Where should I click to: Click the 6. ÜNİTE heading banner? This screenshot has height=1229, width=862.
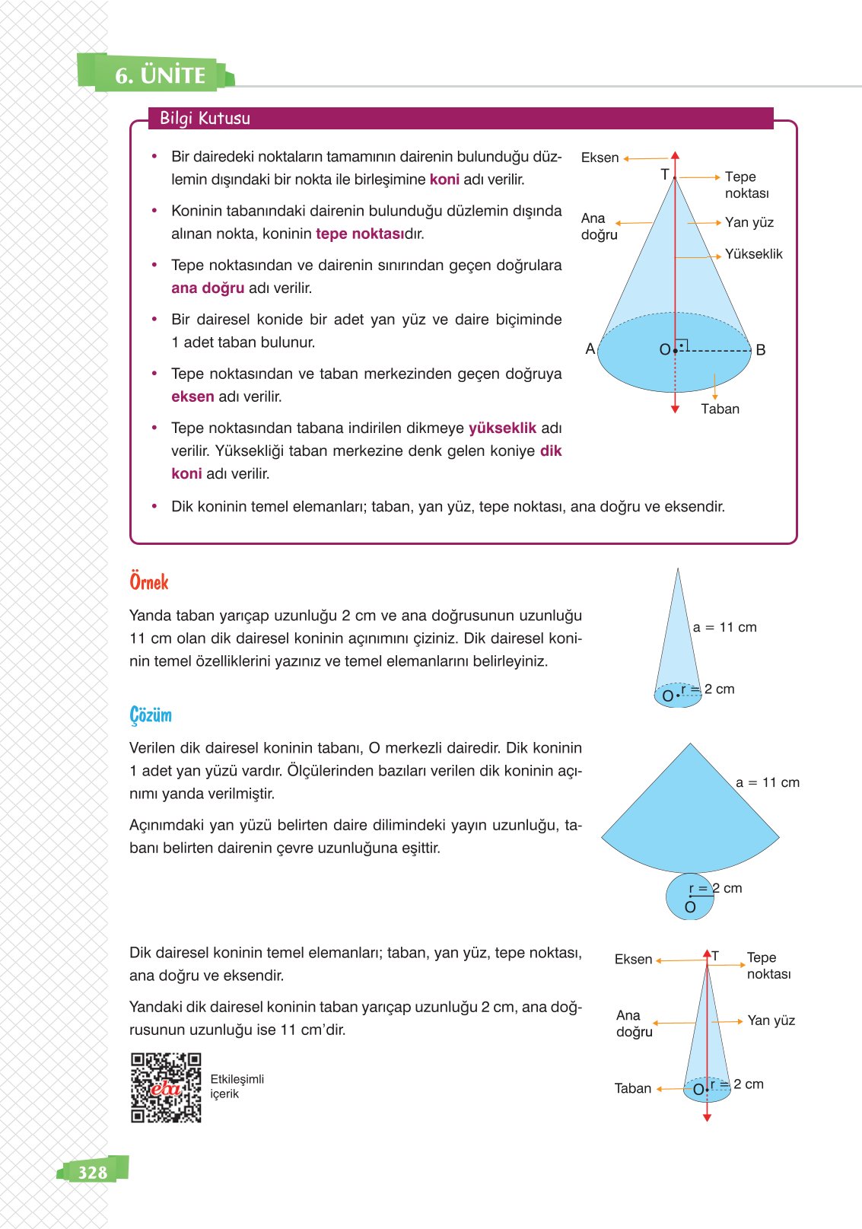(160, 75)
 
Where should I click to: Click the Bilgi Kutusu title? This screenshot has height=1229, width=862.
(205, 119)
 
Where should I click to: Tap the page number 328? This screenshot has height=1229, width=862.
(93, 1172)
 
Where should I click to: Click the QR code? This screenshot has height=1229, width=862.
(166, 1088)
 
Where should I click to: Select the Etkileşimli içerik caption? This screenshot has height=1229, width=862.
(237, 1087)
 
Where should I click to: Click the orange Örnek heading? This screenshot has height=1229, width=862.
(149, 582)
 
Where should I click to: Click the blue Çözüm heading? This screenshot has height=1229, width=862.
(151, 715)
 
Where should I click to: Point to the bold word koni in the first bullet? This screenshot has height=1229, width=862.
(444, 180)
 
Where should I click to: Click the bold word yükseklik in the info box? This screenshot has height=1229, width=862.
(502, 428)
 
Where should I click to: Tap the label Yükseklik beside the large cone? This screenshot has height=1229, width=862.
(753, 254)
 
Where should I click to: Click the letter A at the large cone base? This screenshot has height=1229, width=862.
(590, 349)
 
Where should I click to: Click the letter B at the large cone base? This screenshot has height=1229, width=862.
(760, 350)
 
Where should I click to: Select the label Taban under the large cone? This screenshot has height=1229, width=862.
(720, 409)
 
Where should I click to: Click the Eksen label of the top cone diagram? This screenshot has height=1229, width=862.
(600, 158)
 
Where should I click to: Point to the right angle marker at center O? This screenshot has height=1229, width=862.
(682, 345)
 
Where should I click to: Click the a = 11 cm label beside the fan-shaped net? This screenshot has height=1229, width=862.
(767, 782)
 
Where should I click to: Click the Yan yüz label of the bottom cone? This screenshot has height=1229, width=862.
(771, 1020)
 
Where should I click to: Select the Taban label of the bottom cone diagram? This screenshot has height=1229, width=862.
(632, 1088)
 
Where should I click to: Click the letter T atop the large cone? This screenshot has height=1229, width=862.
(664, 174)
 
